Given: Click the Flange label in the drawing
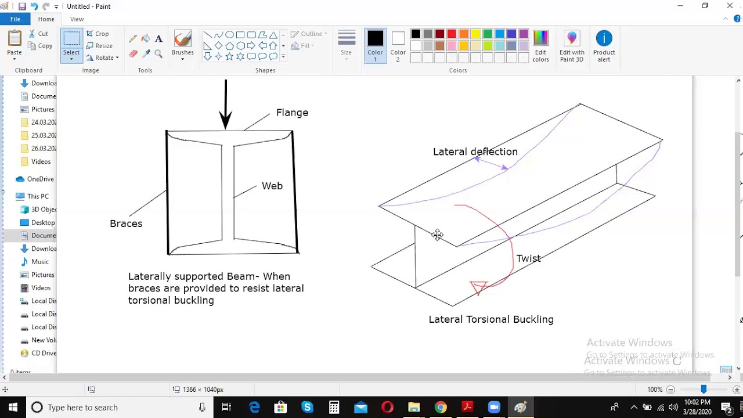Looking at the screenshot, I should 292,113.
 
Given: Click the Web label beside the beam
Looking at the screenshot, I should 272,186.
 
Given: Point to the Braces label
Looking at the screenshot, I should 126,224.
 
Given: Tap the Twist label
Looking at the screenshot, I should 528,258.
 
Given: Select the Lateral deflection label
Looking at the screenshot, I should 475,152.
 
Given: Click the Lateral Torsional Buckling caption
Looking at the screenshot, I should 491,319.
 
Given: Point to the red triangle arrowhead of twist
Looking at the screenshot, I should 479,287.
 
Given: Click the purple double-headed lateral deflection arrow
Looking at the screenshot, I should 491,164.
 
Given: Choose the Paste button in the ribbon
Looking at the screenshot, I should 15,44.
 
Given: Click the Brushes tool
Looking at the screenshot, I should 182,44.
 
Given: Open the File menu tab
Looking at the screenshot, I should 15,19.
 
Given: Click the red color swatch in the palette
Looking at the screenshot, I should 452,34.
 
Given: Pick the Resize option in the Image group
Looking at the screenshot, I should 100,46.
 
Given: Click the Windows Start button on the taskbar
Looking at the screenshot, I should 13,407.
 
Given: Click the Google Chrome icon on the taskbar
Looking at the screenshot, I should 441,407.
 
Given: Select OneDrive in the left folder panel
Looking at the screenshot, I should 40,179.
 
